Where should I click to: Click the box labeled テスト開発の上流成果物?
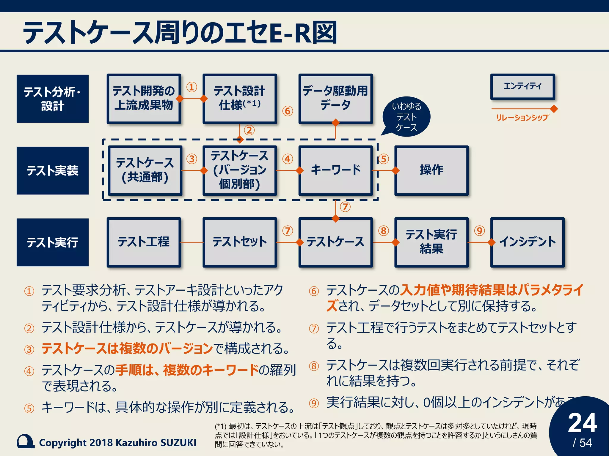click(x=144, y=99)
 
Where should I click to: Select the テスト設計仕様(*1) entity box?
click(x=240, y=99)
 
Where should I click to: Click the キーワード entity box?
click(x=335, y=170)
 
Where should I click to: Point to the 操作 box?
click(x=431, y=170)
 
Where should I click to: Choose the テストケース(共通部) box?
click(x=145, y=170)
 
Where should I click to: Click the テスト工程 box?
click(x=144, y=242)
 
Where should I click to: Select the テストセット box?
click(x=240, y=242)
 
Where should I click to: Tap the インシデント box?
click(x=527, y=242)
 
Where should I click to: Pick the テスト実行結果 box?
click(x=431, y=242)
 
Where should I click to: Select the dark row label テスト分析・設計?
click(x=53, y=99)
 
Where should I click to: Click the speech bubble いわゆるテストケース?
click(x=406, y=117)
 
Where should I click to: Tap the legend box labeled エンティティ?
click(x=522, y=86)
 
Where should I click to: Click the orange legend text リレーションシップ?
click(x=522, y=118)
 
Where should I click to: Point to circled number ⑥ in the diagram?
click(x=288, y=111)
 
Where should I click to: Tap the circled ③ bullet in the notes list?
click(x=29, y=350)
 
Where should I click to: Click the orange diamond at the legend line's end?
click(x=554, y=109)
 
